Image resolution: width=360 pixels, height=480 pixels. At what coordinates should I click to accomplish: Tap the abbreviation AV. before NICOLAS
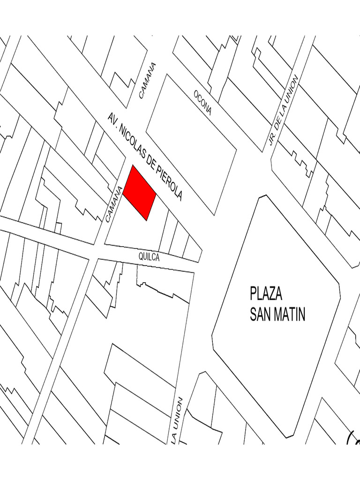[x=112, y=119]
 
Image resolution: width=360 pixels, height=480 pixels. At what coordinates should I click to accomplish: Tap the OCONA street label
[x=203, y=103]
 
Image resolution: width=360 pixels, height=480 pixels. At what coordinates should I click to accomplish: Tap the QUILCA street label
[x=149, y=257]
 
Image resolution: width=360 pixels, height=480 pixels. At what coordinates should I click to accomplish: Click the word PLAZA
[x=266, y=295]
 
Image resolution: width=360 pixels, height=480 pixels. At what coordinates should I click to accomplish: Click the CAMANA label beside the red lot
[x=114, y=204]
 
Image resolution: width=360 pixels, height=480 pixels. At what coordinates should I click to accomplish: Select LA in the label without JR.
[x=174, y=436]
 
